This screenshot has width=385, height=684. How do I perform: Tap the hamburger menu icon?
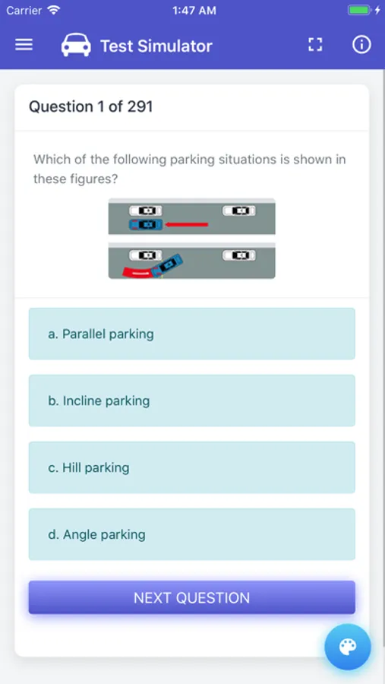pos(24,45)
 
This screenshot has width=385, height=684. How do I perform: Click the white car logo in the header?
pos(76,46)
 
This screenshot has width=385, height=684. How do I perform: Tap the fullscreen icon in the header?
pos(315,45)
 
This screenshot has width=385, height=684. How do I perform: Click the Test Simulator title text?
pos(156,46)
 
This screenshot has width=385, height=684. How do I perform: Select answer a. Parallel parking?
pos(191,334)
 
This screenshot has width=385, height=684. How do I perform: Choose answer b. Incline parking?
pos(191,401)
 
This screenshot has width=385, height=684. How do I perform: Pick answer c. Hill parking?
pos(191,467)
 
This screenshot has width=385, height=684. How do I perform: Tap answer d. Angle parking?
pos(191,534)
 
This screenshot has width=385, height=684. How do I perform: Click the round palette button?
pos(347,648)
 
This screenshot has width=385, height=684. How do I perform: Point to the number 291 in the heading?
pos(140,106)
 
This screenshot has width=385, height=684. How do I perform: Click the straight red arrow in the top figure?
pos(187,224)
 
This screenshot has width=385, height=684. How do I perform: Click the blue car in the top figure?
pos(146,224)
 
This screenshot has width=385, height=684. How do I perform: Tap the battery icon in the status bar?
pos(359,11)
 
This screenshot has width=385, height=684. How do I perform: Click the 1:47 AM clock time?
pos(194,11)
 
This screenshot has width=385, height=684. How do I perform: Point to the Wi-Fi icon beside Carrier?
pos(53,11)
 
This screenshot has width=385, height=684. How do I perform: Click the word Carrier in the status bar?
pos(24,11)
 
